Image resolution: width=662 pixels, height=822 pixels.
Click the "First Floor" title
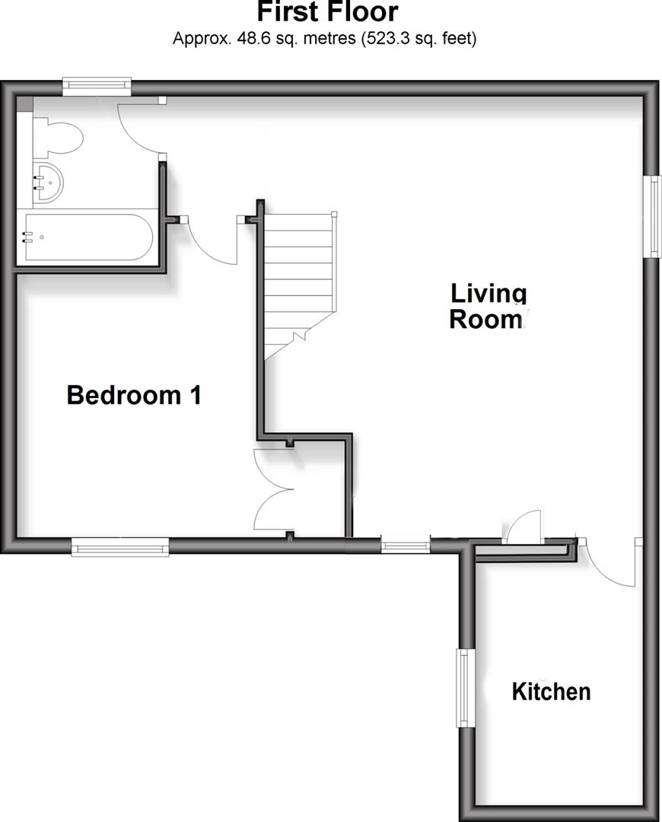pyautogui.click(x=327, y=12)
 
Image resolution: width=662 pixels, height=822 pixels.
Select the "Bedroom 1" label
pyautogui.click(x=134, y=395)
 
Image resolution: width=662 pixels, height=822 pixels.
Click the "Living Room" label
pyautogui.click(x=488, y=305)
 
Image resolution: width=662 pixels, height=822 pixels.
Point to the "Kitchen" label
pyautogui.click(x=551, y=692)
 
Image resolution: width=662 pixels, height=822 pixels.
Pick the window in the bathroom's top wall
pyautogui.click(x=97, y=86)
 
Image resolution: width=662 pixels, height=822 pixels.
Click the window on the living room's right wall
pyautogui.click(x=652, y=217)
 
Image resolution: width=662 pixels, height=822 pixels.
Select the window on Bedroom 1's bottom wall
pyautogui.click(x=119, y=546)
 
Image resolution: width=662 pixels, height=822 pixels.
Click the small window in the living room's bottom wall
pyautogui.click(x=405, y=545)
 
